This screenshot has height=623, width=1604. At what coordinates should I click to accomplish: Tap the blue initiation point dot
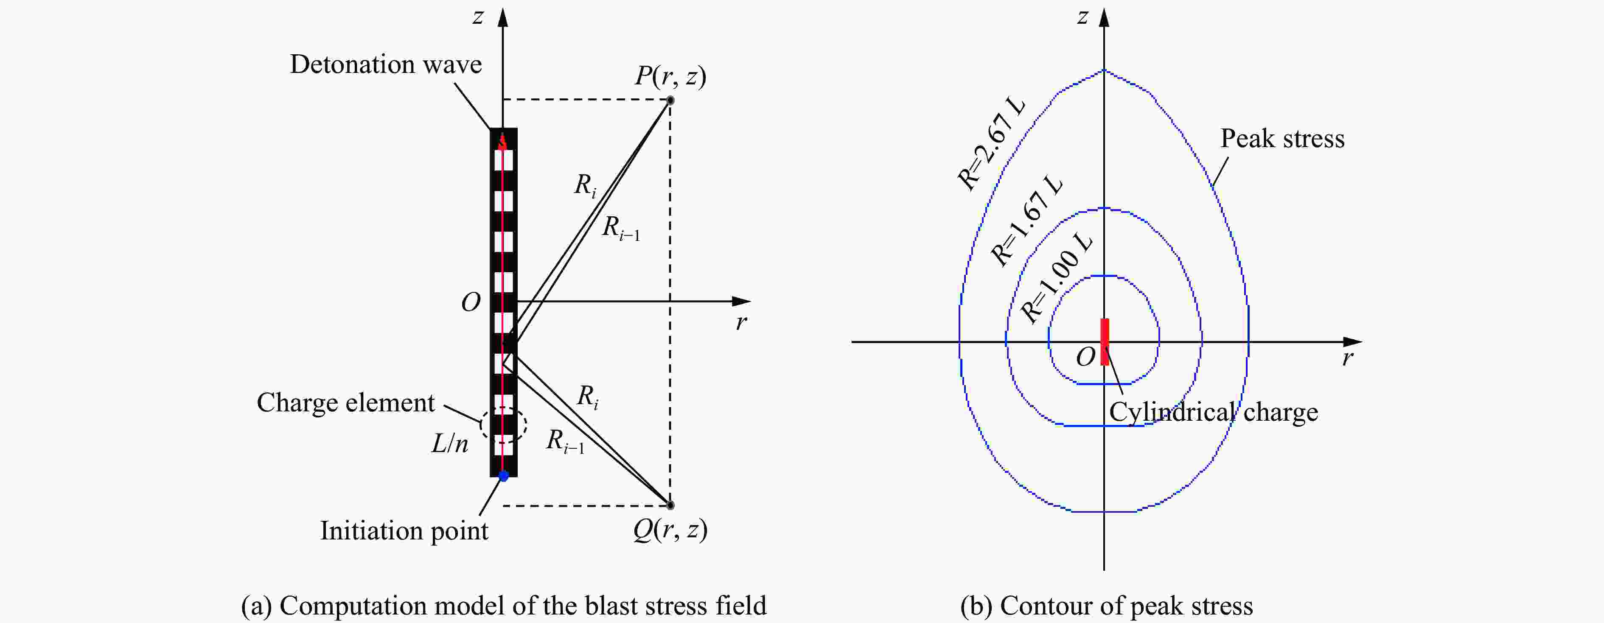[x=504, y=476]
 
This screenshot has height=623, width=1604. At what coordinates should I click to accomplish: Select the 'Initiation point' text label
[x=404, y=531]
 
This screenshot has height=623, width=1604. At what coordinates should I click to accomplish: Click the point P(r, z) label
[x=670, y=76]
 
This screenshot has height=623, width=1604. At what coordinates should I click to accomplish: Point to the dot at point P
[x=670, y=100]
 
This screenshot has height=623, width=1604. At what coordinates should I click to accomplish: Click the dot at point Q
[x=670, y=505]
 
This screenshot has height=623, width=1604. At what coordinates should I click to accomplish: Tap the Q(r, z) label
[x=670, y=530]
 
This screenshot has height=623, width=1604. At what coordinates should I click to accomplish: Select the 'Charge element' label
[x=345, y=402]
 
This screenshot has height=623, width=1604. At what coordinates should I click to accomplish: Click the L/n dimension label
[x=449, y=444]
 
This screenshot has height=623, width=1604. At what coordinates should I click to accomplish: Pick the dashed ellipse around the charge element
[x=504, y=425]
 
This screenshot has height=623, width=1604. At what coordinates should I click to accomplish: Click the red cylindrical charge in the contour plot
[x=1105, y=341]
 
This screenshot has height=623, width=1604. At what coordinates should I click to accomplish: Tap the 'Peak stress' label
[x=1282, y=139]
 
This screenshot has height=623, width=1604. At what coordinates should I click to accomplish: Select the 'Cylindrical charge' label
[x=1214, y=412]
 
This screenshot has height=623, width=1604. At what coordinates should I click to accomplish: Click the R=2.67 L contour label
[x=991, y=144]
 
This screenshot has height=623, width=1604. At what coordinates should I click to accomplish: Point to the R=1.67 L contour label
[x=1027, y=221]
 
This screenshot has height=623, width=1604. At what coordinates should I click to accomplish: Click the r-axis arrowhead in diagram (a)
[x=742, y=301]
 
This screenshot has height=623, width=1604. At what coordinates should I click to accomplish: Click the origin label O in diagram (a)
[x=471, y=302]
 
